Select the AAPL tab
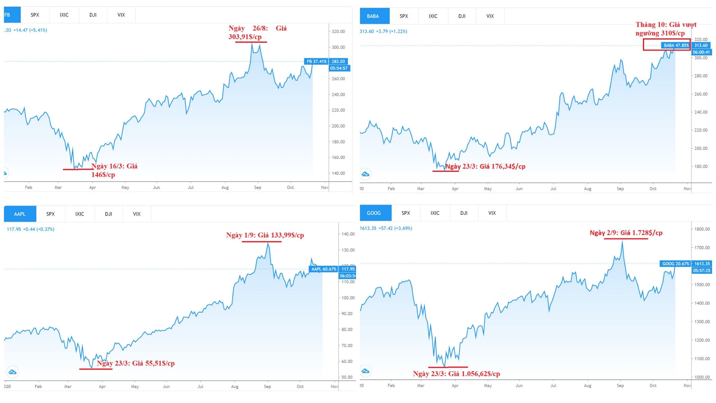20,214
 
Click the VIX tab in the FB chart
121,15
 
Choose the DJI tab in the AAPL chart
109,214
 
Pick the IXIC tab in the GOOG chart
435,213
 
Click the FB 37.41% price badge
316,62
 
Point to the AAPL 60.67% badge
324,269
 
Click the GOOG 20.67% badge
675,264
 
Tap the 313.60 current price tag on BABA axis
701,46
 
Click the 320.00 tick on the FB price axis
338,32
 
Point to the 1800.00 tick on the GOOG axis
702,229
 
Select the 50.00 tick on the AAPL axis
347,377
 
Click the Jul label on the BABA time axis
553,189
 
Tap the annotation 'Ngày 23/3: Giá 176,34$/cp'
485,167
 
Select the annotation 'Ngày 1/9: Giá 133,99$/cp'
265,235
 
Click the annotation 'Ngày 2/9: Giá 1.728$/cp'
626,233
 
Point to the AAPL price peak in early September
268,243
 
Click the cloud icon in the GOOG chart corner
366,371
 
